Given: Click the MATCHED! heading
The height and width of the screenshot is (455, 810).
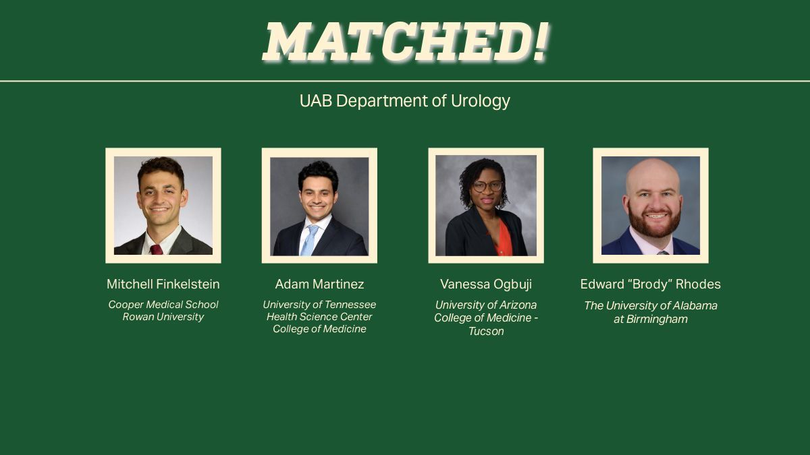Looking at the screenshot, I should [x=405, y=42].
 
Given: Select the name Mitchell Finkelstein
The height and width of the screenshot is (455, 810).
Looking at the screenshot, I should [x=163, y=284].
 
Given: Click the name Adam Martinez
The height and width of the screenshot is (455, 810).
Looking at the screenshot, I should [x=319, y=284].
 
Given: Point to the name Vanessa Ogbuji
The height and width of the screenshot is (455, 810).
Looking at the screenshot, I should [x=486, y=284].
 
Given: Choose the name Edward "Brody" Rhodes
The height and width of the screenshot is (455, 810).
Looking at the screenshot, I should [x=650, y=284].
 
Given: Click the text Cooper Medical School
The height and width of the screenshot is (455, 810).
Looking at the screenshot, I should [x=163, y=305].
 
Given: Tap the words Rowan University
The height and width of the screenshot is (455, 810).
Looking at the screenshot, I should [x=163, y=317].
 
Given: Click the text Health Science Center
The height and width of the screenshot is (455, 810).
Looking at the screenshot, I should [x=319, y=317].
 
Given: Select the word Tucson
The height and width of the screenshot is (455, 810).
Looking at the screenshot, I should [x=486, y=332].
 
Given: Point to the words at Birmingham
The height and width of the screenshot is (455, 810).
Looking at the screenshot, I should [x=650, y=320].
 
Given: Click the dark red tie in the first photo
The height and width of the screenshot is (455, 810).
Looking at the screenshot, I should [x=156, y=249].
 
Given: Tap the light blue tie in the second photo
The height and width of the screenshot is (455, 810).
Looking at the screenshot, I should [x=309, y=240].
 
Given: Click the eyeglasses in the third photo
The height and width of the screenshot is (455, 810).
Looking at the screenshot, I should [x=487, y=185].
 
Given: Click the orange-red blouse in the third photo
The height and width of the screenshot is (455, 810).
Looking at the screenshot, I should [x=503, y=243].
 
